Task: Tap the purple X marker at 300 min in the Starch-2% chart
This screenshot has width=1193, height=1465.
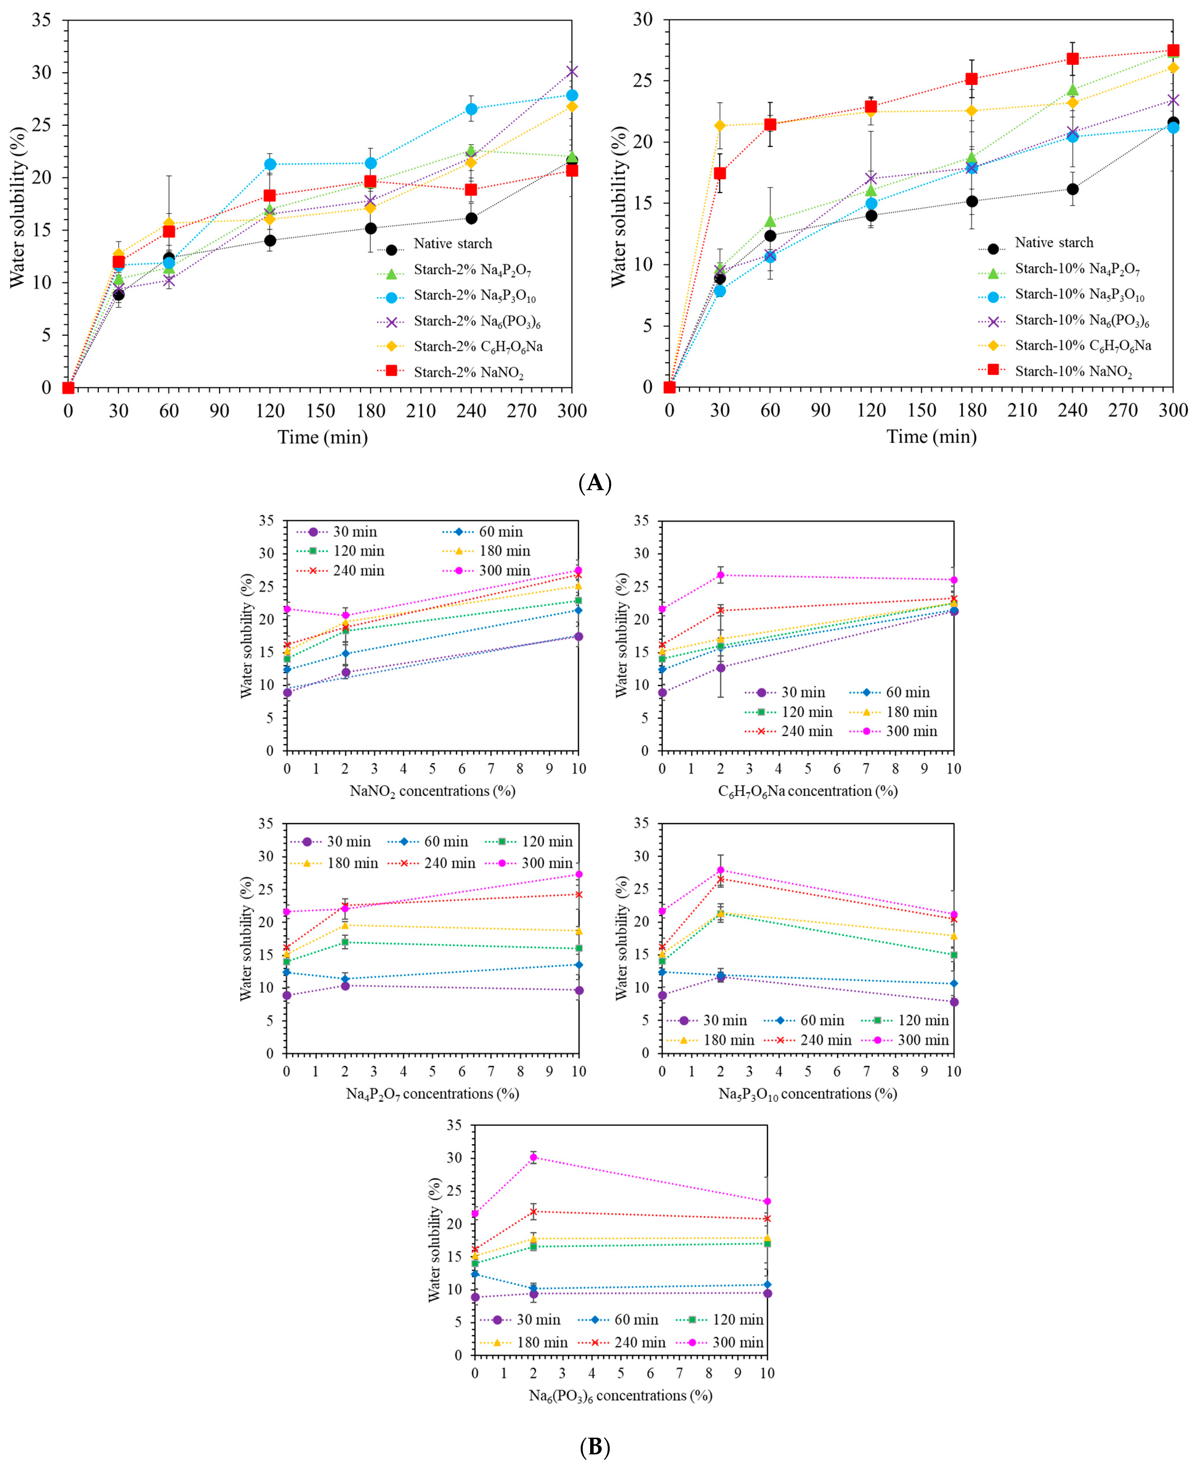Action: tap(572, 72)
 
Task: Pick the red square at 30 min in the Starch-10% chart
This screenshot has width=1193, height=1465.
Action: tap(720, 173)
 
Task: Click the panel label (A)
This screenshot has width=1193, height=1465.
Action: tap(595, 483)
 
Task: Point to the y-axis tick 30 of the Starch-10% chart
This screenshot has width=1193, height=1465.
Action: tap(642, 20)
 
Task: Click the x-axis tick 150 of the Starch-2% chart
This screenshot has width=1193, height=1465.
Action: tap(320, 411)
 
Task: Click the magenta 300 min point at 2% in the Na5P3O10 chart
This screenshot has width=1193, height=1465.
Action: tap(720, 870)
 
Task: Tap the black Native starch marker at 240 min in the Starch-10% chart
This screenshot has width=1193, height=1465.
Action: tap(1072, 189)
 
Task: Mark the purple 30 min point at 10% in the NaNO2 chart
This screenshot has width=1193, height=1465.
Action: tap(579, 637)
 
